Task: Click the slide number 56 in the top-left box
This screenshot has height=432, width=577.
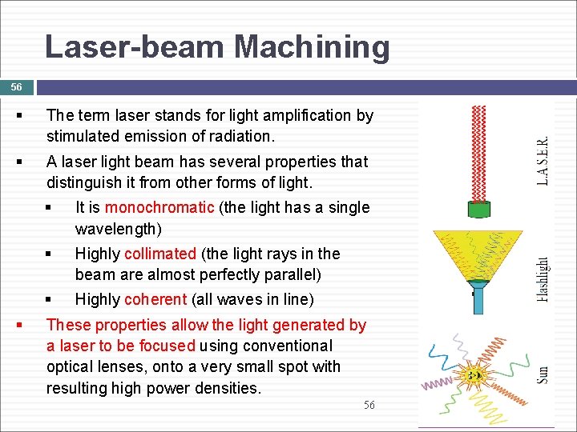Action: (17, 86)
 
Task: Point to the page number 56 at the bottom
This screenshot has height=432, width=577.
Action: (369, 406)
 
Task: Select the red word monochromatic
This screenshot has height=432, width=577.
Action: (159, 207)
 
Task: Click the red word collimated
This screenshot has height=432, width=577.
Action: (160, 254)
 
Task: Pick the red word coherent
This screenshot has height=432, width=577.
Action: (157, 299)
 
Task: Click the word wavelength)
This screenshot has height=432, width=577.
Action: (118, 229)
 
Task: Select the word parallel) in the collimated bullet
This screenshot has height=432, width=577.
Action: (293, 274)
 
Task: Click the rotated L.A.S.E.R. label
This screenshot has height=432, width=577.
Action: (543, 161)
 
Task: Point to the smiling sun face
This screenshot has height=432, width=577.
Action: (475, 374)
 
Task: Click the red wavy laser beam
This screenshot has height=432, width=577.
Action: (479, 152)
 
